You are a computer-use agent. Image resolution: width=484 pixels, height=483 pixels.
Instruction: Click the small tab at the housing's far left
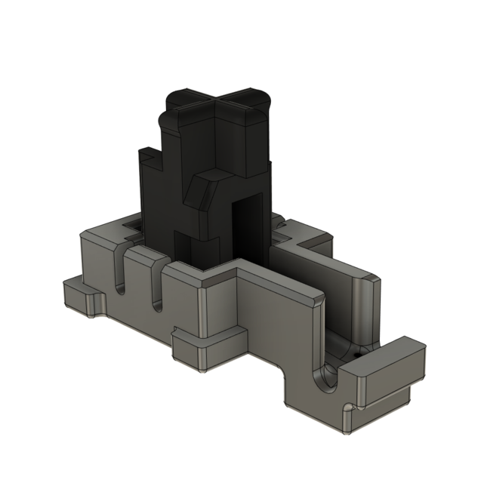click(79, 297)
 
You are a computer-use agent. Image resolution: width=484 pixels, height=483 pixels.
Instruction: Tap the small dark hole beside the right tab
click(356, 352)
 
